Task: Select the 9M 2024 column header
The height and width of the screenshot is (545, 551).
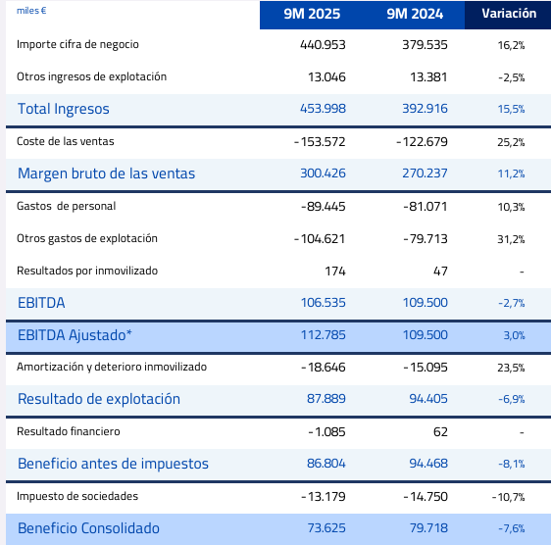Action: tap(415, 15)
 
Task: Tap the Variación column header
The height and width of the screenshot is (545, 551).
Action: tap(508, 15)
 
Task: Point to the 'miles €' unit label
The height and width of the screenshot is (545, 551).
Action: tap(31, 11)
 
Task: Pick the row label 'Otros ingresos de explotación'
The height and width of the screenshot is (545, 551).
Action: tap(92, 76)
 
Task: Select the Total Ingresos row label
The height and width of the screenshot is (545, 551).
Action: tap(64, 109)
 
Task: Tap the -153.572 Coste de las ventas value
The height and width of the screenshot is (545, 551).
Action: tap(321, 141)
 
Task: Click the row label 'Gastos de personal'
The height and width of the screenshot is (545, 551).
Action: tap(67, 206)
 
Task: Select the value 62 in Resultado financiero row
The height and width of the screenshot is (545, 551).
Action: tap(439, 431)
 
